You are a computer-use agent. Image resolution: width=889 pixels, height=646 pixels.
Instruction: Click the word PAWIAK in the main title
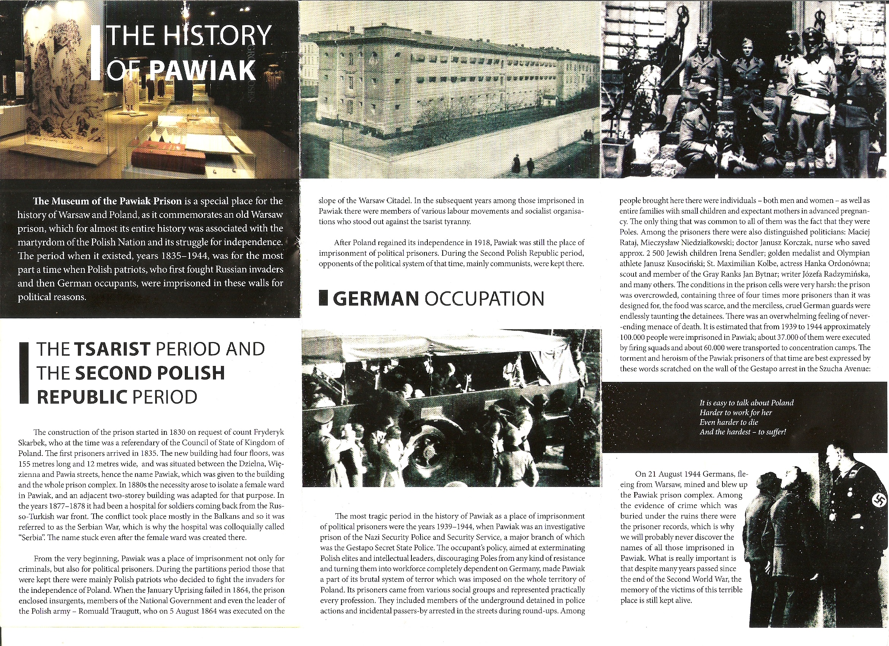203,70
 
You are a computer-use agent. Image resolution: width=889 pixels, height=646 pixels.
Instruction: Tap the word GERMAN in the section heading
376,299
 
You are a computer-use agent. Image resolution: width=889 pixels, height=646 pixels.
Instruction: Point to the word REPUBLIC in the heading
82,397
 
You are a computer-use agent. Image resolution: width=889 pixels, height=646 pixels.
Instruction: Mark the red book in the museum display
168,157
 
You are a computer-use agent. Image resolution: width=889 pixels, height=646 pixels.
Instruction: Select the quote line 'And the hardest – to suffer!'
742,432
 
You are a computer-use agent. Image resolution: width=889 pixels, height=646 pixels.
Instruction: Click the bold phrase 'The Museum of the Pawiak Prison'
107,201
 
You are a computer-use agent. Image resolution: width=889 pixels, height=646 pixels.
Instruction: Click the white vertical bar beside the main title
95,53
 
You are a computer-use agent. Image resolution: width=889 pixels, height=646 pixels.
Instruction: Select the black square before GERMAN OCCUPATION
323,298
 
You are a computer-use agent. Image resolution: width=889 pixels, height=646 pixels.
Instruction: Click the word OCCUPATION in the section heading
484,299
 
